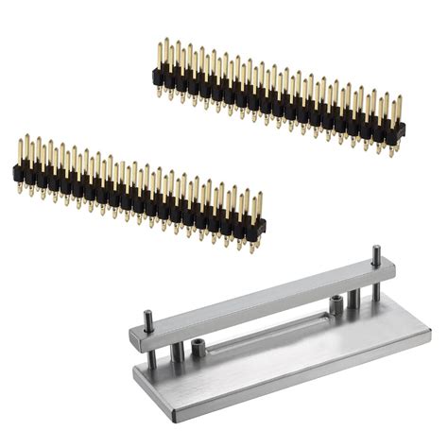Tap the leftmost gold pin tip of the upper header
[160, 43]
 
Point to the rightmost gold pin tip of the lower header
[258, 197]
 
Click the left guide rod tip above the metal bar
[148, 315]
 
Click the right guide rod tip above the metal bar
[375, 250]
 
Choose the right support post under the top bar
[353, 301]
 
